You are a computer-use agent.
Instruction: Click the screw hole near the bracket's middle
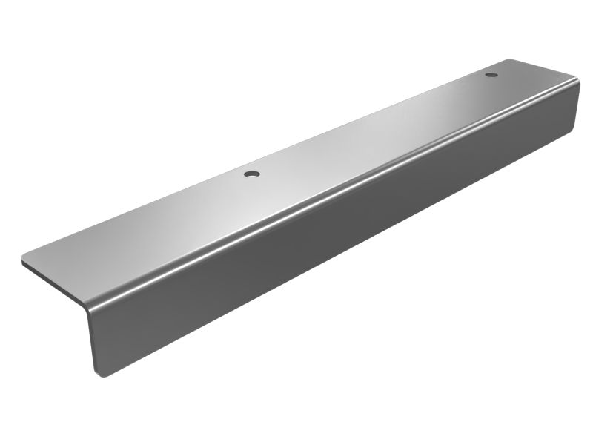point(252,174)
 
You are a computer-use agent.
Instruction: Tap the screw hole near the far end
point(490,75)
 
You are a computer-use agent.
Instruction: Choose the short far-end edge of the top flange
point(545,68)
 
